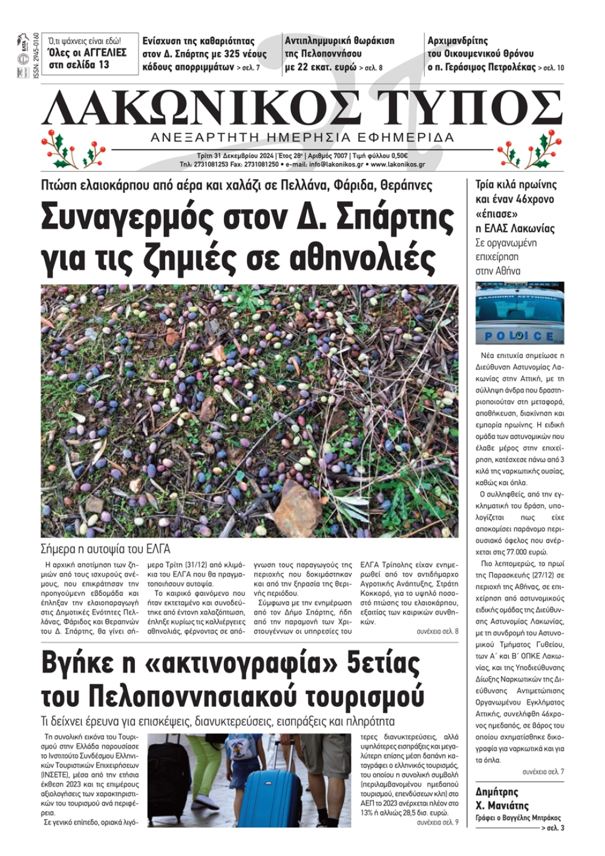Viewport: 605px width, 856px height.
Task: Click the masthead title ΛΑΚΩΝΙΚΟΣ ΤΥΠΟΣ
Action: coord(302,109)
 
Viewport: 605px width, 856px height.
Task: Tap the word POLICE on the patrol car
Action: coord(519,336)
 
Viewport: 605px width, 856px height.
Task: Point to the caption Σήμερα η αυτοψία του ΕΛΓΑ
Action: coord(105,549)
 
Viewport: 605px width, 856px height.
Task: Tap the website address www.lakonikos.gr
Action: coord(397,165)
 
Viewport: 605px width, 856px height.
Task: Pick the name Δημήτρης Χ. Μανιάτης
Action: coord(502,799)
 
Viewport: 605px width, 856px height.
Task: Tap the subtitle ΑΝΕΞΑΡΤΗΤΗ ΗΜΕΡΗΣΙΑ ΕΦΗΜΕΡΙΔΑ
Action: coord(302,137)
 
